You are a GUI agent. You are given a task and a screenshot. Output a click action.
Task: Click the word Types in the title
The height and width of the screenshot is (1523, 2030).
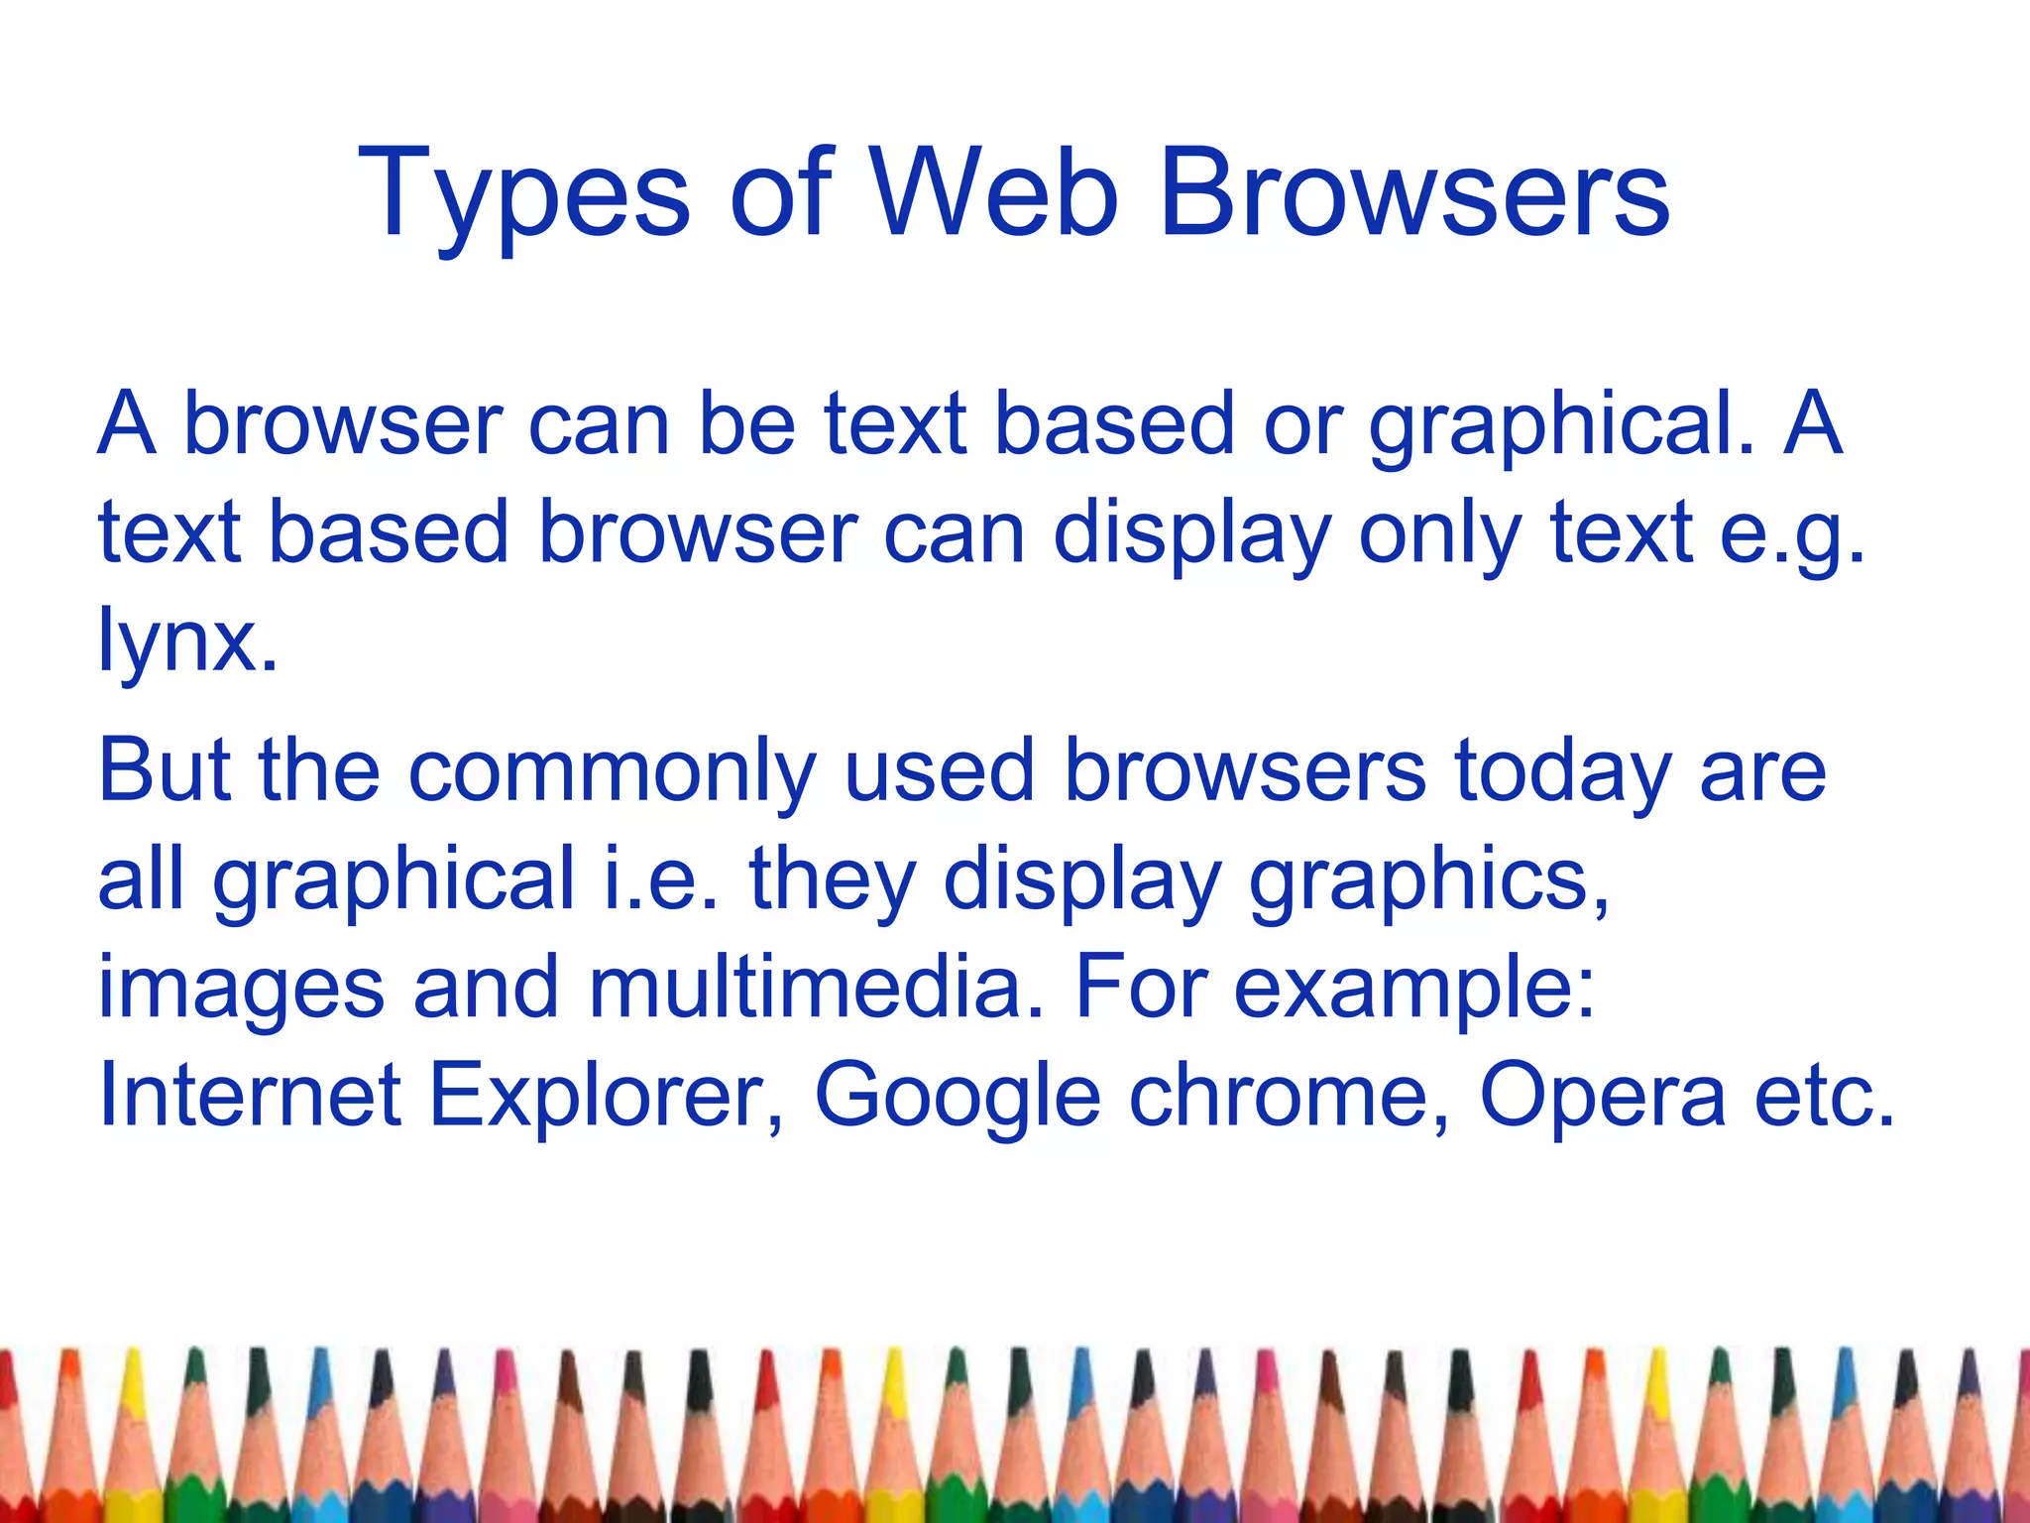click(523, 195)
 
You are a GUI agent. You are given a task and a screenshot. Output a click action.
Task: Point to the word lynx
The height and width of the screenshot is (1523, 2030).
click(186, 643)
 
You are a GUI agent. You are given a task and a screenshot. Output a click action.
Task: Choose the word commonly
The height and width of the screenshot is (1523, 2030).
click(613, 774)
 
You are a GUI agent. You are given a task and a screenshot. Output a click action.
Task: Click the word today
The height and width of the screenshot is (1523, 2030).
click(1563, 774)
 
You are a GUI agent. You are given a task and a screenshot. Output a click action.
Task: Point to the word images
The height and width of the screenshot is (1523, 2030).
click(241, 991)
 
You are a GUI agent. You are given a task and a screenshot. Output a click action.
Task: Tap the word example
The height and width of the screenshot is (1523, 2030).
click(1413, 991)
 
